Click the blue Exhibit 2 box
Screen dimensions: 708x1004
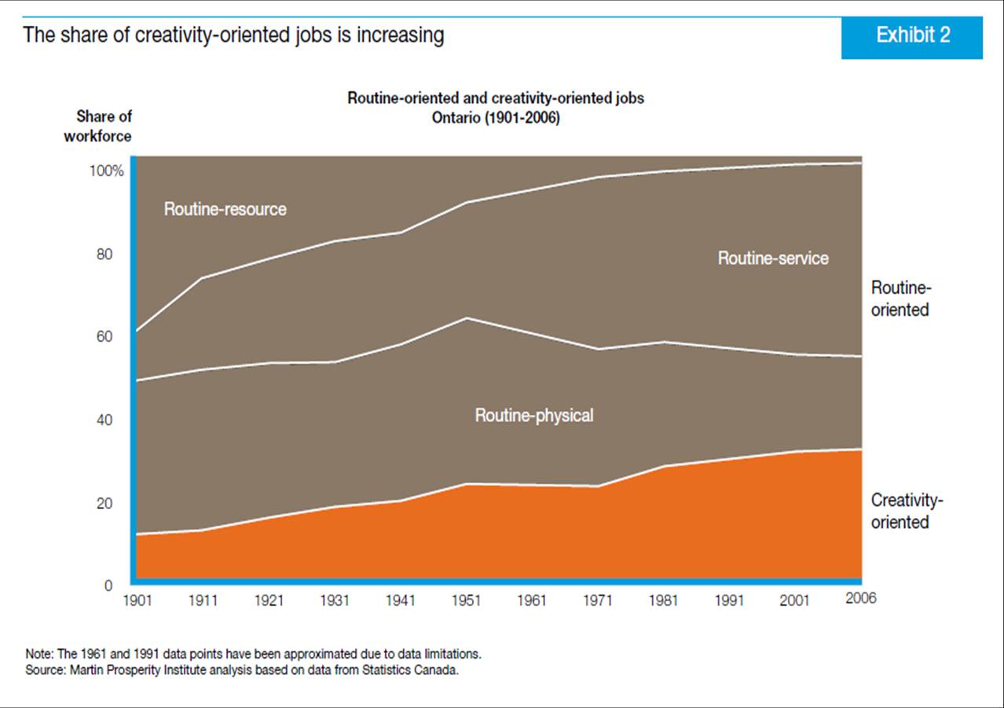pyautogui.click(x=911, y=36)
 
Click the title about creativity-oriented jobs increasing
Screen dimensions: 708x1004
pyautogui.click(x=233, y=35)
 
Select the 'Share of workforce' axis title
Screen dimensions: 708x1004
pyautogui.click(x=104, y=126)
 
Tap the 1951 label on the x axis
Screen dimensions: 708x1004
pyautogui.click(x=466, y=600)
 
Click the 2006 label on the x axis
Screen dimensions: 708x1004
pyautogui.click(x=860, y=599)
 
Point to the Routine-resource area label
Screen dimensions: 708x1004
pyautogui.click(x=225, y=210)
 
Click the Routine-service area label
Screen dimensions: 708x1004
pyautogui.click(x=773, y=259)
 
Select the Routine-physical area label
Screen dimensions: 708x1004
pyautogui.click(x=534, y=416)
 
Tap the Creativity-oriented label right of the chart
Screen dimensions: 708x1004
pyautogui.click(x=907, y=512)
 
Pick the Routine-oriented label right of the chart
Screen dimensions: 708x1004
pyautogui.click(x=900, y=299)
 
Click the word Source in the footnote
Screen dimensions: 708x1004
pyautogui.click(x=44, y=670)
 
